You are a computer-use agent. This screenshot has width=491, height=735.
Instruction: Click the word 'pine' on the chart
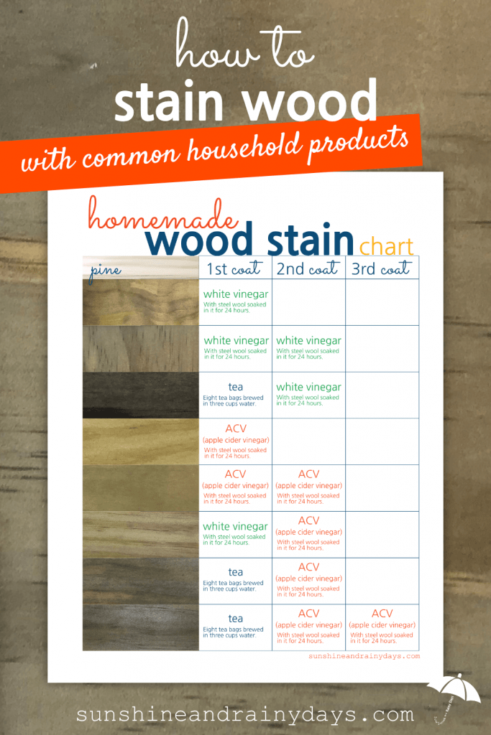click(x=106, y=271)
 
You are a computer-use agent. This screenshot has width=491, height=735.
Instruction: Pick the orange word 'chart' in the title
click(x=387, y=246)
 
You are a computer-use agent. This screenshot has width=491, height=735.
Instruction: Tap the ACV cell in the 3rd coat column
click(x=382, y=627)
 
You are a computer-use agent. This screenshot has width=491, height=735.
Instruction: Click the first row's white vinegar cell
click(x=235, y=301)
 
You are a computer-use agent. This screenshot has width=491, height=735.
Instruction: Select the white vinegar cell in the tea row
click(x=308, y=394)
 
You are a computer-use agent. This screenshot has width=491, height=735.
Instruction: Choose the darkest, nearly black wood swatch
click(x=140, y=395)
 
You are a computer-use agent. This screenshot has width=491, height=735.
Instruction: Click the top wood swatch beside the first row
click(x=140, y=302)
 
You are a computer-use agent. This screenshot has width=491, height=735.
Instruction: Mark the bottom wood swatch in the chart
click(x=140, y=627)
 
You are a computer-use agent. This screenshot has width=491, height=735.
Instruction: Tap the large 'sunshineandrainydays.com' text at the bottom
click(x=244, y=715)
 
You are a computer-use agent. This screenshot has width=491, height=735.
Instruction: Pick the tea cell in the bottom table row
click(x=235, y=627)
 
